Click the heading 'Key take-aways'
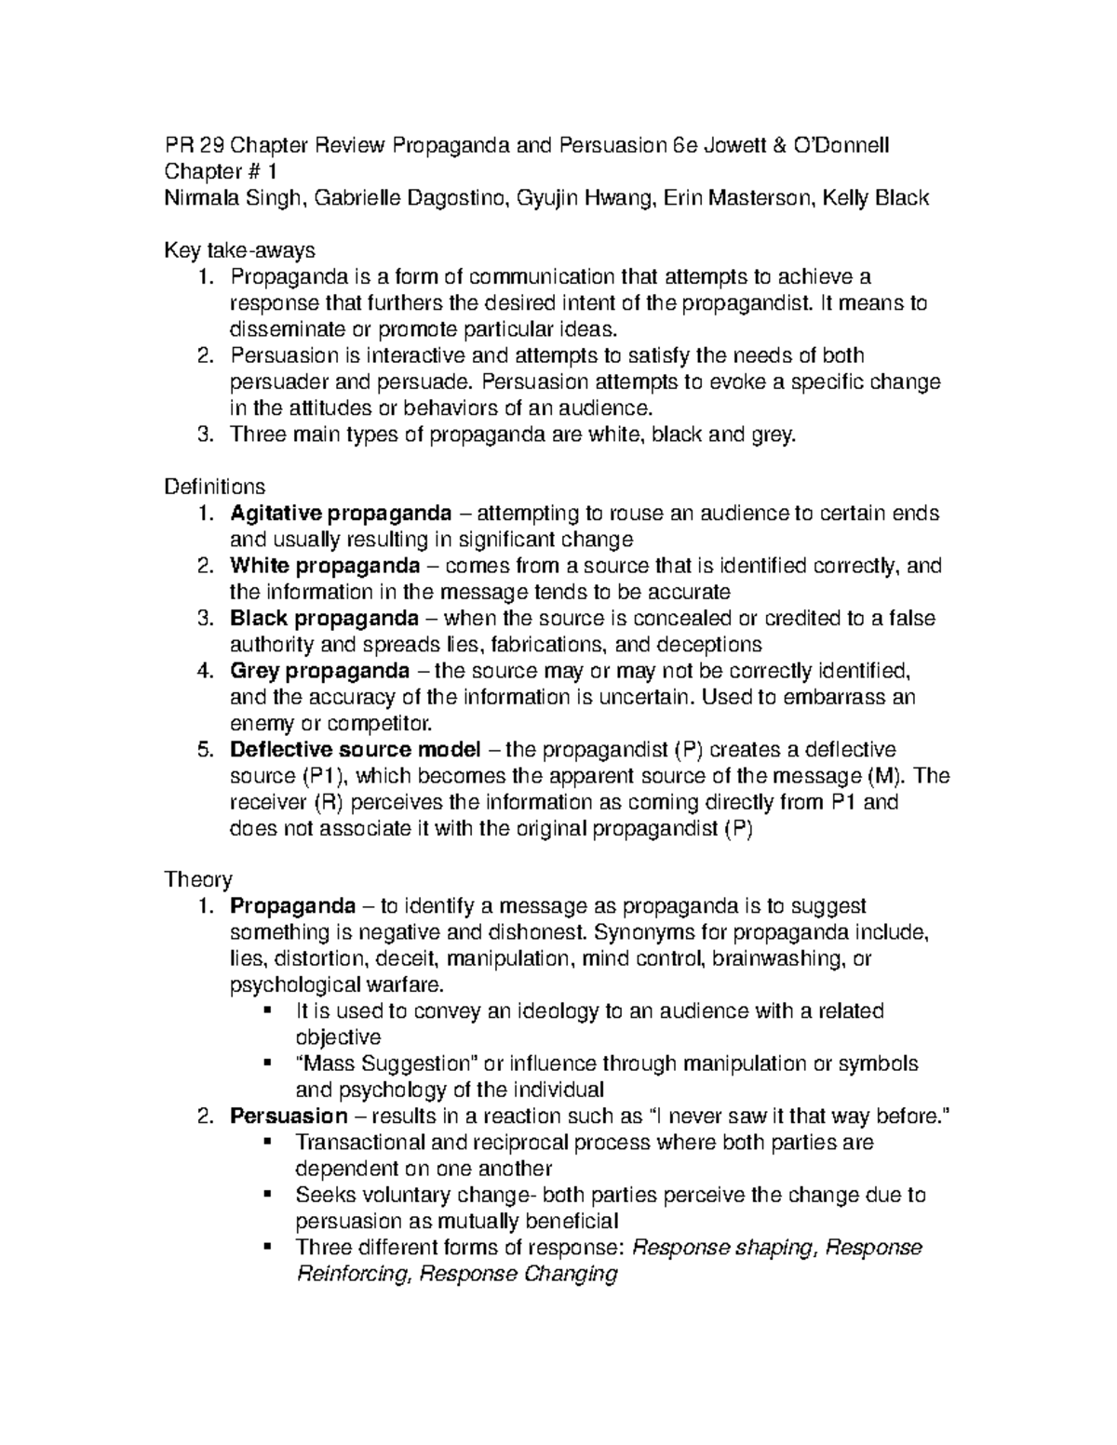239,250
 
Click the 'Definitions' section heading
214,487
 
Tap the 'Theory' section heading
197,879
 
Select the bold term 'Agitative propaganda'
342,513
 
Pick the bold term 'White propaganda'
325,566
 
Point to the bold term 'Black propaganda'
324,618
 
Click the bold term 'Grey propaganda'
320,671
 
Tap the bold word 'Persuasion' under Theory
289,1116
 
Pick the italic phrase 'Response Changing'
518,1274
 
